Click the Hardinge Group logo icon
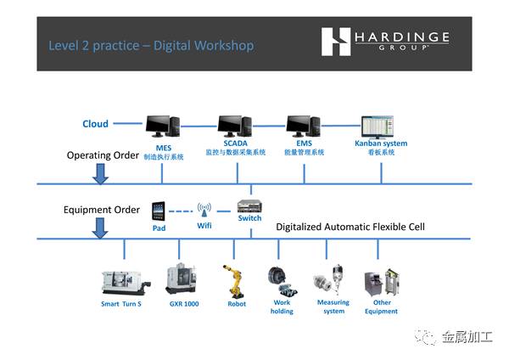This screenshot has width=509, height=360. click(x=337, y=42)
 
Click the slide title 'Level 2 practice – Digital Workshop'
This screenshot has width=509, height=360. click(x=151, y=45)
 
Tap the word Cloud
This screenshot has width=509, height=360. click(x=95, y=124)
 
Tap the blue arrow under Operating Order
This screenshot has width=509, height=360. click(x=100, y=173)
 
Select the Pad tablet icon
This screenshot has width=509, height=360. click(x=159, y=210)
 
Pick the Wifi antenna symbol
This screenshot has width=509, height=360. click(x=204, y=210)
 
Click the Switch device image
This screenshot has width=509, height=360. click(x=250, y=205)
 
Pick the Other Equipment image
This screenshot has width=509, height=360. click(x=380, y=281)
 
